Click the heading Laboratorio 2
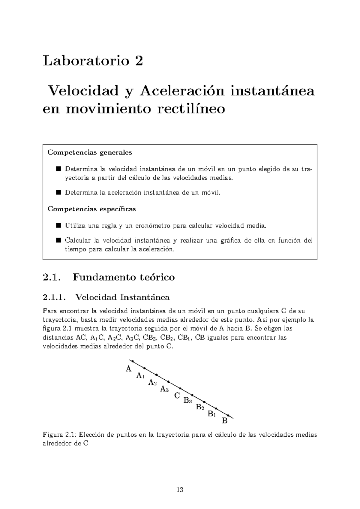93,61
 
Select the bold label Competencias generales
90,152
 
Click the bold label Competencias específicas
92,209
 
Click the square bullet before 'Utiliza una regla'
58,225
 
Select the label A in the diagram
128,369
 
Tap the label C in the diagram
177,396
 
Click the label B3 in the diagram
188,400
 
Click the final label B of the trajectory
224,421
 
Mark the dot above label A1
144,368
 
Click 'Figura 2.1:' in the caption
61,435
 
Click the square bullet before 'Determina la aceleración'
58,192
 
